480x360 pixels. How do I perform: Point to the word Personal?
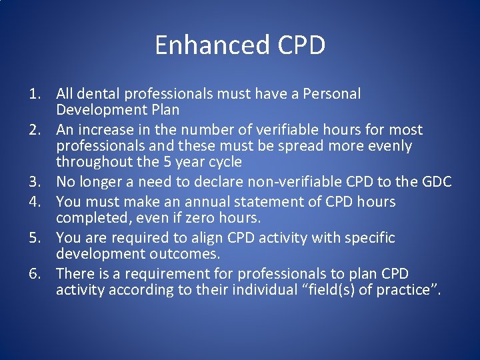tap(332, 94)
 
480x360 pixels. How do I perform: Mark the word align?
tap(209, 238)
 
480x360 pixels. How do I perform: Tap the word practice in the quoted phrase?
tap(401, 290)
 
